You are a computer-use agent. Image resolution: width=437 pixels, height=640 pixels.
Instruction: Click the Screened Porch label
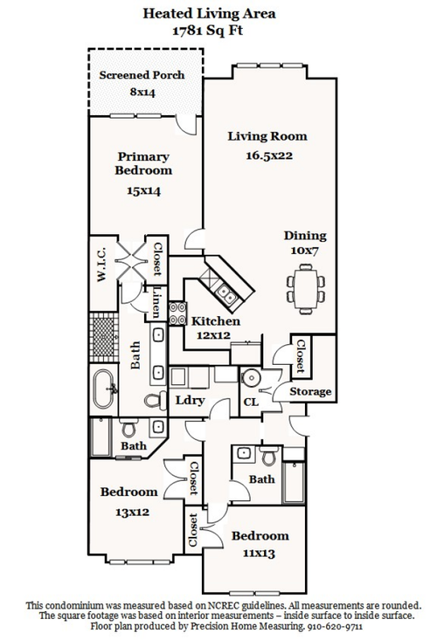click(142, 75)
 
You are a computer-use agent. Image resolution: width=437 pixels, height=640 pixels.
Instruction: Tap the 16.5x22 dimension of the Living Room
click(268, 155)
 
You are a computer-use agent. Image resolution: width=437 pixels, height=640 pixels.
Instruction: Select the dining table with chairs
click(306, 289)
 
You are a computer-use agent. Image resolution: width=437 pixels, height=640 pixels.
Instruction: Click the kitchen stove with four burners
click(177, 313)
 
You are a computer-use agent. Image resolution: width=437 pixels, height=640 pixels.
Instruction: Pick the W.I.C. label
click(101, 264)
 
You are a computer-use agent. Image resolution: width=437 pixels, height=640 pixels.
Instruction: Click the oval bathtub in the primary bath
click(104, 389)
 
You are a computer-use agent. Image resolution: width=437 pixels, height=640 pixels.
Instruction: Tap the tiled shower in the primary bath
click(104, 338)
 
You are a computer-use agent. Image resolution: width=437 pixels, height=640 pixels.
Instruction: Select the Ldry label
click(190, 400)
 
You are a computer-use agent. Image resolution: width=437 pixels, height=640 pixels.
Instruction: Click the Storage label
click(310, 392)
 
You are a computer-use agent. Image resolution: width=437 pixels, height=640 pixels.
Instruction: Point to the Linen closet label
click(156, 302)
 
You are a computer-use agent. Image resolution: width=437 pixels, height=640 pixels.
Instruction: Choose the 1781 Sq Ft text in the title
click(208, 31)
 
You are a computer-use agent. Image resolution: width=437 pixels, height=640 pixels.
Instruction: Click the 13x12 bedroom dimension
click(132, 512)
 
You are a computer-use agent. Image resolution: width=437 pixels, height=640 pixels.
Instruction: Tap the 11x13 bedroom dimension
click(259, 554)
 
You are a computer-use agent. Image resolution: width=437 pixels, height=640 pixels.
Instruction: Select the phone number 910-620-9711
click(335, 626)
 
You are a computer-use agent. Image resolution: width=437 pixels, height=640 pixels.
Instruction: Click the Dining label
click(305, 236)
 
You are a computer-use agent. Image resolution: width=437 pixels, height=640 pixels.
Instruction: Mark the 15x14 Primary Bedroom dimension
click(143, 190)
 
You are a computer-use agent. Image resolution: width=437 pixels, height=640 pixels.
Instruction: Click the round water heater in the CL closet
click(250, 377)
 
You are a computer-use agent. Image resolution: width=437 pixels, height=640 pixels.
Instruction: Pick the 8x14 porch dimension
click(142, 93)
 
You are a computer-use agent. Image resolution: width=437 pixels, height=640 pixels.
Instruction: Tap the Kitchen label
click(216, 321)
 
